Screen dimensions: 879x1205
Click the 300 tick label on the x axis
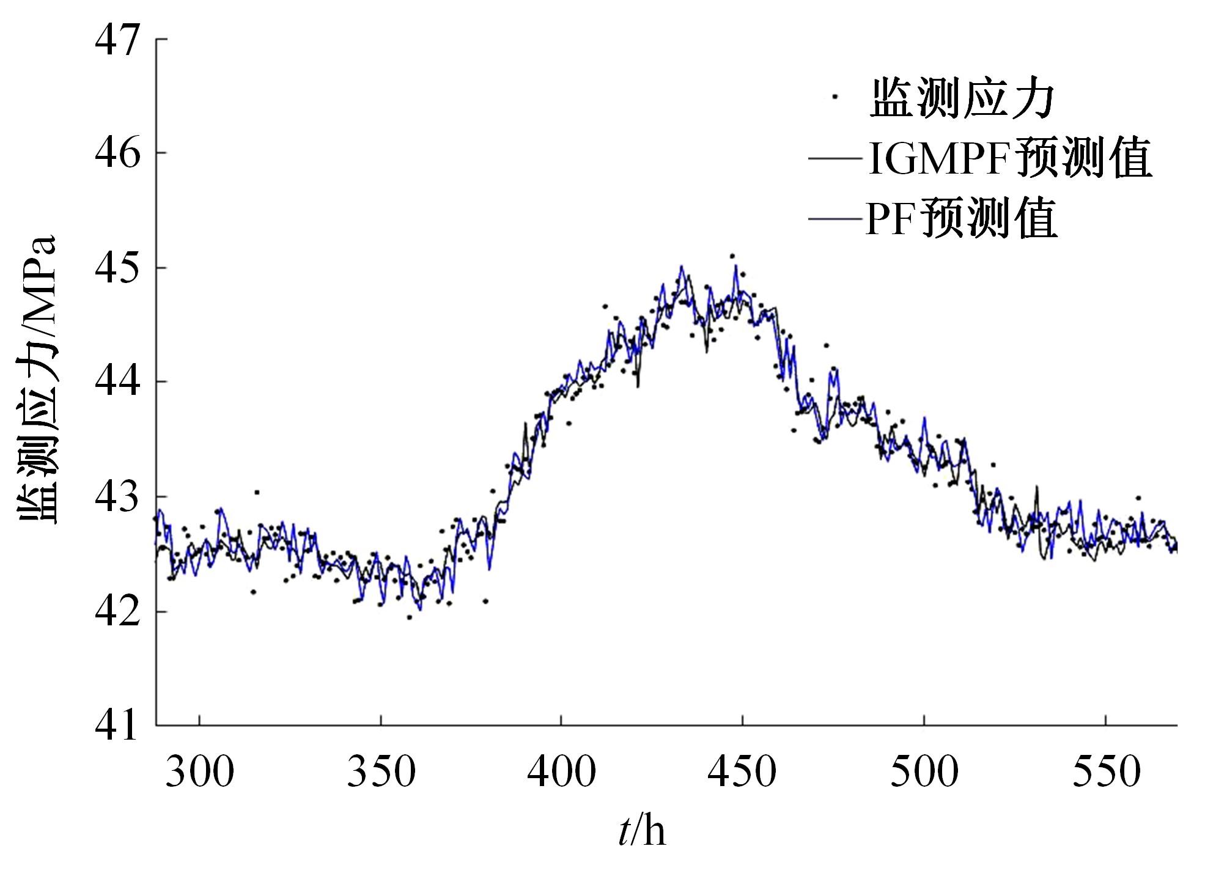point(200,772)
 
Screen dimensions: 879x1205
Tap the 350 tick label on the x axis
point(381,772)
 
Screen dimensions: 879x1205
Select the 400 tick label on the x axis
point(561,772)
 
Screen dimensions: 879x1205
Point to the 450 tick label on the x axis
point(742,772)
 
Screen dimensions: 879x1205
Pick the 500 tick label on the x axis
point(924,772)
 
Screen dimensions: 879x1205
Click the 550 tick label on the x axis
point(1106,772)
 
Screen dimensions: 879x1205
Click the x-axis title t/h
point(641,832)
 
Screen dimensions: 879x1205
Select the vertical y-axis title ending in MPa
point(38,379)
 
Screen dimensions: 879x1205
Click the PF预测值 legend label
point(961,218)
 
